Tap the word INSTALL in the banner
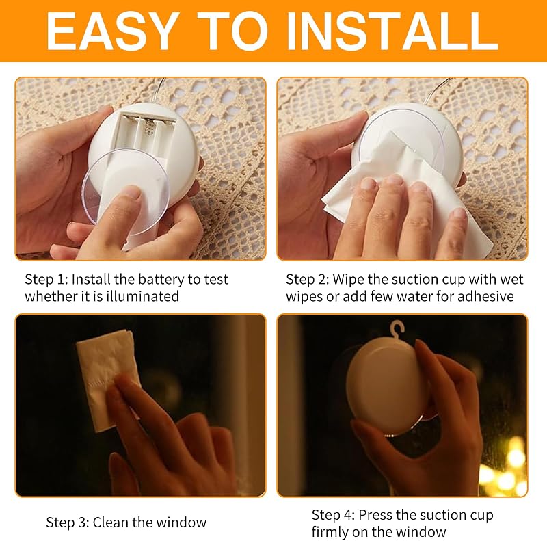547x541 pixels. click(392, 31)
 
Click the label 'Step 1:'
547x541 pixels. click(46, 279)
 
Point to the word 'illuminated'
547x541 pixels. click(142, 296)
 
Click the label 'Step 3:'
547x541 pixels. click(68, 523)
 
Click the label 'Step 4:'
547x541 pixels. click(333, 515)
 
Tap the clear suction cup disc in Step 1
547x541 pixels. click(126, 191)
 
